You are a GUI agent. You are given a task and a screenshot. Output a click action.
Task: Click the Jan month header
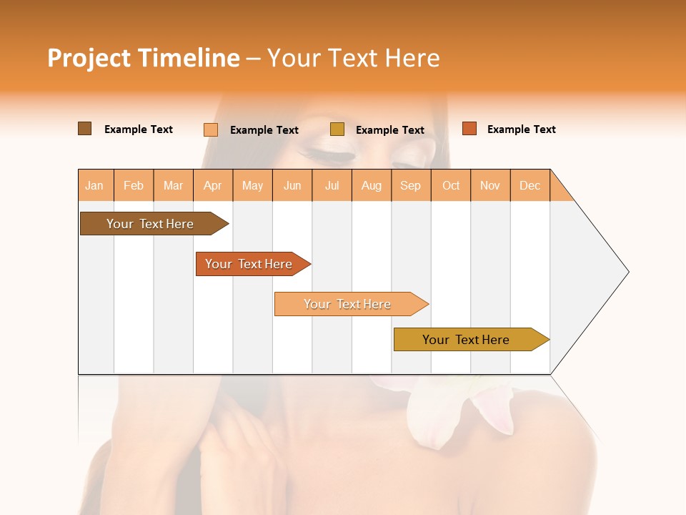94,186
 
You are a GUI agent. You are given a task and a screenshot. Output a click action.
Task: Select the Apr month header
213,186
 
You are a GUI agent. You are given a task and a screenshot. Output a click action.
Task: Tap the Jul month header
332,186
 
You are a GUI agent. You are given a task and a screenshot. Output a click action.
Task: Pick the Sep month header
410,186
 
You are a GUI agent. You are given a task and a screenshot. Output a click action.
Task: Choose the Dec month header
530,186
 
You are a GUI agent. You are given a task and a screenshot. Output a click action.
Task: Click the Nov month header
490,186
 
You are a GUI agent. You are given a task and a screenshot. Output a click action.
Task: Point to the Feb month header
134,186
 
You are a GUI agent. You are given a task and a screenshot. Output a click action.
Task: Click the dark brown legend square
85,129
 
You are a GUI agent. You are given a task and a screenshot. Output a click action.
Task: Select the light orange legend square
211,129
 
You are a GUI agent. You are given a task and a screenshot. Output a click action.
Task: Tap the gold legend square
337,129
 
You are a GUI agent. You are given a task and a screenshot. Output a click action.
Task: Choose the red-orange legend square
469,129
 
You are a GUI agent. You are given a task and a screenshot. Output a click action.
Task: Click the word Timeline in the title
188,58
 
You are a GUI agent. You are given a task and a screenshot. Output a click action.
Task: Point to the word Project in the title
89,58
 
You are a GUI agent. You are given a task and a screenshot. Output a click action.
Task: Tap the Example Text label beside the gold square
389,130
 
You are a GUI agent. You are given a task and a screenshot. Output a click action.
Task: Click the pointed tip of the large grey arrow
627,272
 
